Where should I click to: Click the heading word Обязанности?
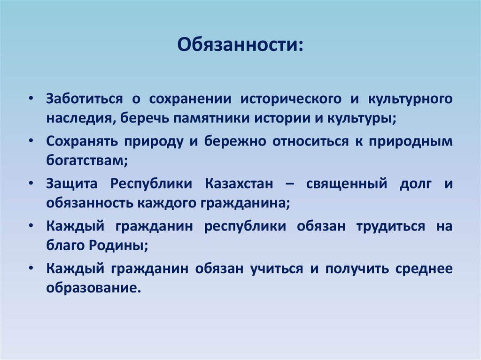pyautogui.click(x=239, y=46)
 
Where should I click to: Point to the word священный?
pyautogui.click(x=347, y=184)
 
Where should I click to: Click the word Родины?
pyautogui.click(x=124, y=245)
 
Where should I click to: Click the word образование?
pyautogui.click(x=93, y=287)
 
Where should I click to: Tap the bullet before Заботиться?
pyautogui.click(x=31, y=100)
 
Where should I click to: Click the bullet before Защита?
pyautogui.click(x=31, y=184)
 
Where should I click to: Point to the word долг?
pyautogui.click(x=415, y=184)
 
